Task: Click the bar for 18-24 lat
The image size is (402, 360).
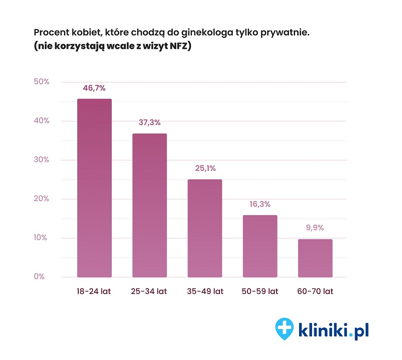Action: (94, 188)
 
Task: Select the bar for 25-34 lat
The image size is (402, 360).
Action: (150, 205)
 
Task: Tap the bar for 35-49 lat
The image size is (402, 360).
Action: (205, 228)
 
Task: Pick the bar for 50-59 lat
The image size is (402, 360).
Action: (260, 246)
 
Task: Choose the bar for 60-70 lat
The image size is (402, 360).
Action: (315, 258)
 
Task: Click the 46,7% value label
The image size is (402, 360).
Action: (94, 88)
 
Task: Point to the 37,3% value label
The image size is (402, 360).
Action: (150, 123)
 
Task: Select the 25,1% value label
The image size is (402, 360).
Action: (205, 168)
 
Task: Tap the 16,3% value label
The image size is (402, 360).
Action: (260, 204)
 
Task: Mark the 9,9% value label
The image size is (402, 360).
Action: (315, 228)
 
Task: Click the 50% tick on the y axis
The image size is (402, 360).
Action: (41, 82)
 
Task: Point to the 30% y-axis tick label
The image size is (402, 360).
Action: (41, 160)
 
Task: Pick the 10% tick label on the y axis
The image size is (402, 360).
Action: (41, 238)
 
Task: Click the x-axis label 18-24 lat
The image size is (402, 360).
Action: (94, 292)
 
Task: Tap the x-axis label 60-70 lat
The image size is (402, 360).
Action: (315, 292)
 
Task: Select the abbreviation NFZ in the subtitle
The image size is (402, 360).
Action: (180, 47)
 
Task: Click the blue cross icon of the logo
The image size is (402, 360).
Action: (284, 327)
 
